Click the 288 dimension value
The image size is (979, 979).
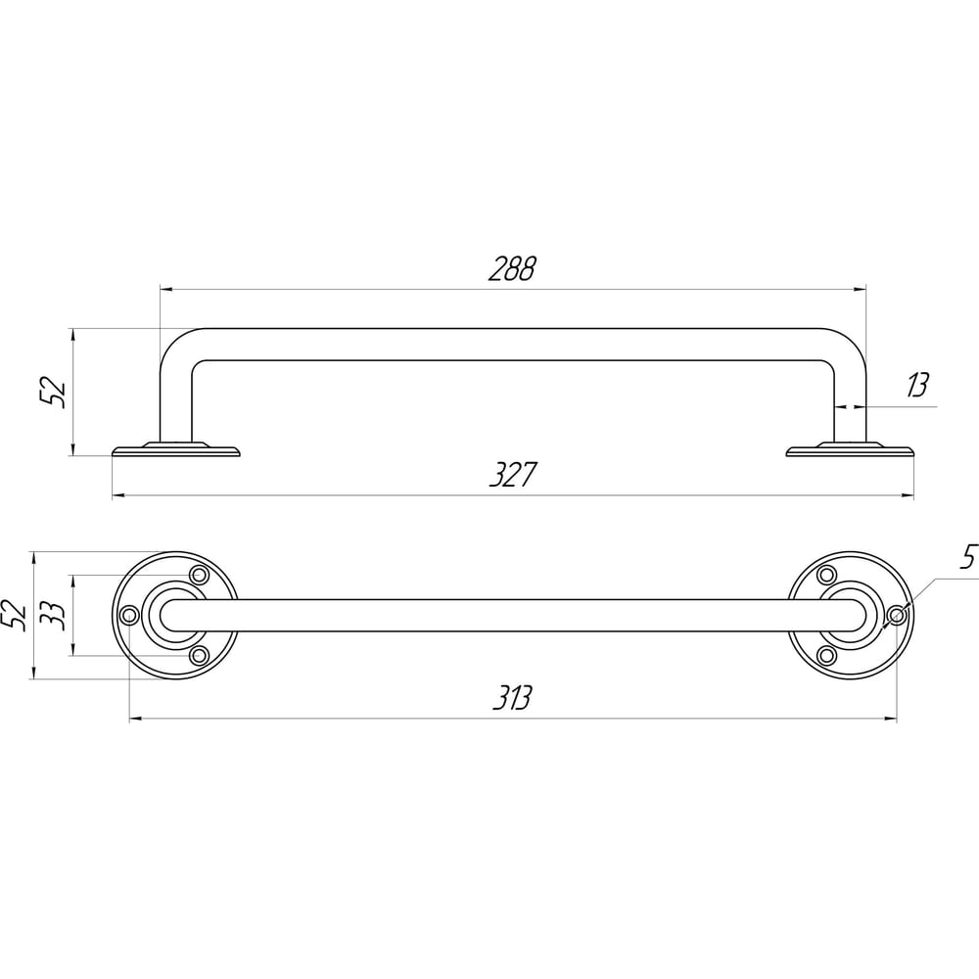point(511,268)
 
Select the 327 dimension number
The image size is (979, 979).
point(512,475)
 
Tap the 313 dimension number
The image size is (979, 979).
point(512,697)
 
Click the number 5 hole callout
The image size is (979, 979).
point(968,558)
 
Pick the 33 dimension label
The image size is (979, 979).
point(52,616)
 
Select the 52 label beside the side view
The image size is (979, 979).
point(53,392)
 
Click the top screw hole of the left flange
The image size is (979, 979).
point(199,575)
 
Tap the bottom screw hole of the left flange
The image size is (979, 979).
point(199,656)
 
